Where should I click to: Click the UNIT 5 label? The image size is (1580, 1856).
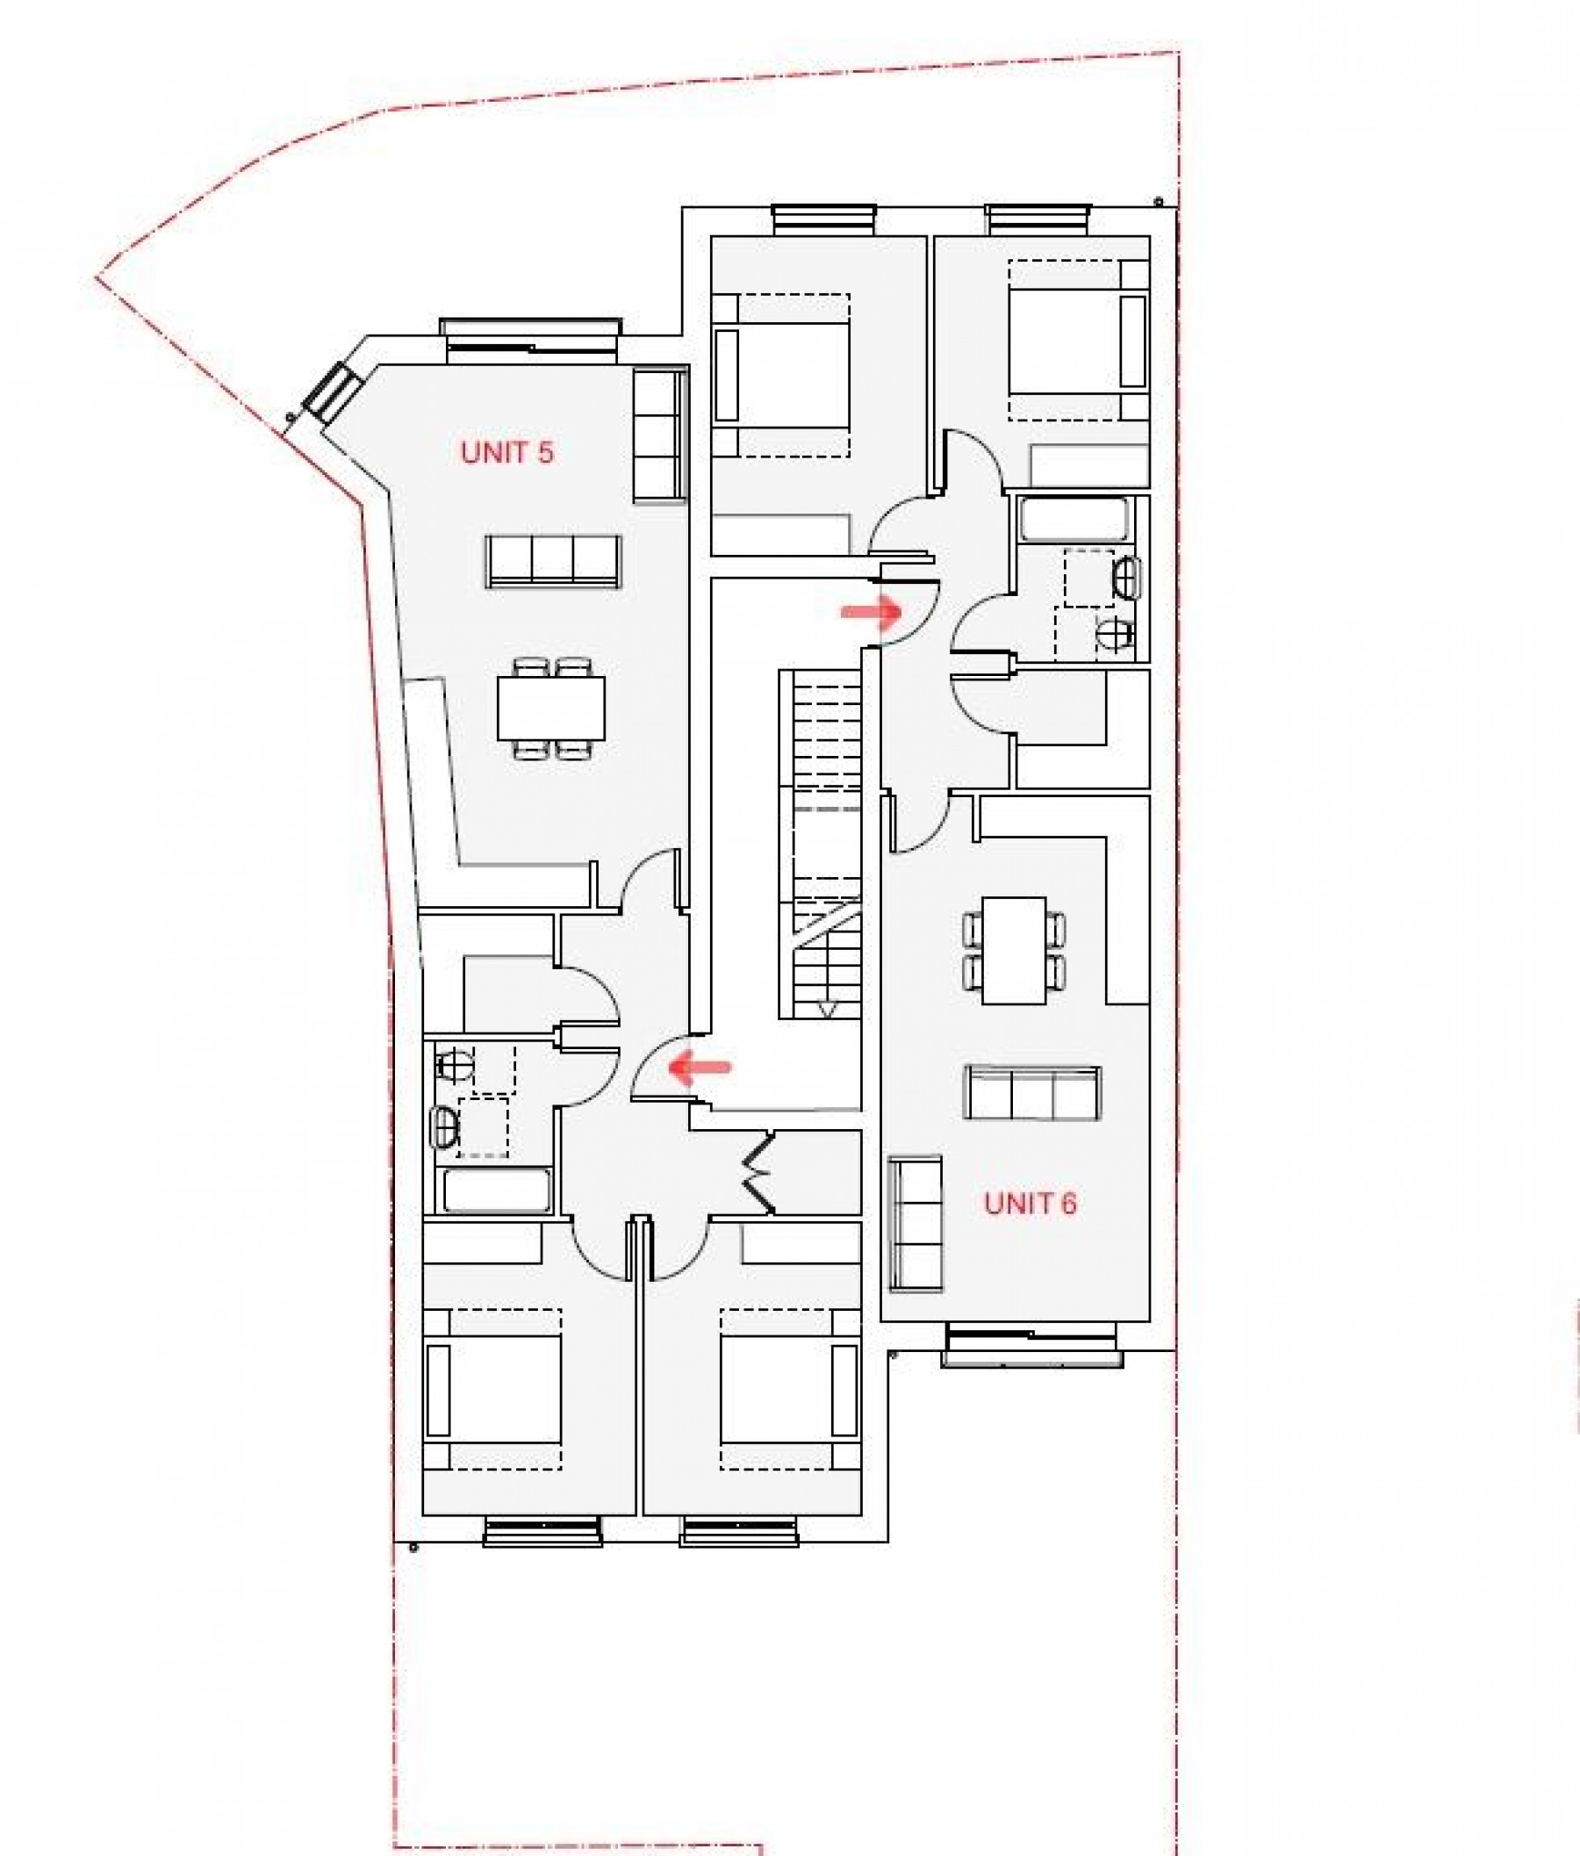click(507, 452)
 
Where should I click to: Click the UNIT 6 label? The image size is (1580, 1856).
click(1030, 1203)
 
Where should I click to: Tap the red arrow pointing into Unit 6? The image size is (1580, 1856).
click(871, 612)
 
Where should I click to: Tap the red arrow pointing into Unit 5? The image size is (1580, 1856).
click(701, 1067)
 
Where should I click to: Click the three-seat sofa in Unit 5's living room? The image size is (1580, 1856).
click(553, 562)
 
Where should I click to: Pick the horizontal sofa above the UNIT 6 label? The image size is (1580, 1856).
click(1032, 1093)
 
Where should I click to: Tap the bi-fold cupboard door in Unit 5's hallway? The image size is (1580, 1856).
click(759, 1173)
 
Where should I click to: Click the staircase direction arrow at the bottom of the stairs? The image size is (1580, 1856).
click(827, 1010)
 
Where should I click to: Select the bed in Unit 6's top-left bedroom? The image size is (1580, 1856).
click(782, 374)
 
